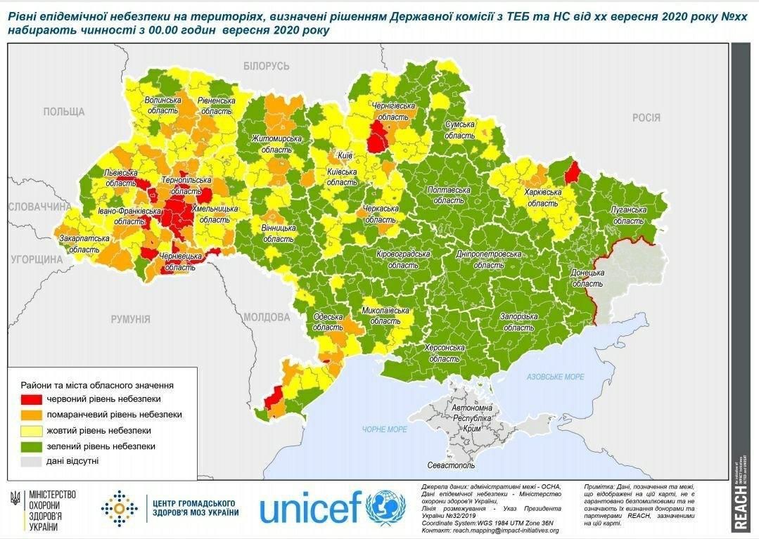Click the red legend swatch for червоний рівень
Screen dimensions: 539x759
coord(30,399)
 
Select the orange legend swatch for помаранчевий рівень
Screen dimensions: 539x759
coord(30,415)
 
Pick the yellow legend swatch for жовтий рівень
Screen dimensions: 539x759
coord(30,430)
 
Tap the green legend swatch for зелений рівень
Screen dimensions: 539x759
coord(30,446)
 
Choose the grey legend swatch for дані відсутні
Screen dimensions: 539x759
coord(30,461)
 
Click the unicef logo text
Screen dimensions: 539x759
coord(311,507)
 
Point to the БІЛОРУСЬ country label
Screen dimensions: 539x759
coord(267,66)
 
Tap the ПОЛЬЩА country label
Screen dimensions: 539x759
coord(63,112)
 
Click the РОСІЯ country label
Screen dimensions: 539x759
coord(646,118)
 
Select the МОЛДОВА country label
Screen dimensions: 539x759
coord(267,317)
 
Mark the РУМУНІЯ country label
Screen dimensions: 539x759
coord(130,319)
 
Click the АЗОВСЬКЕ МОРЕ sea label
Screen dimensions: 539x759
coord(556,377)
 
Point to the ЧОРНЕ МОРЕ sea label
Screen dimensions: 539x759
coord(385,429)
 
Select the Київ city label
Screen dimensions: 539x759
coord(345,155)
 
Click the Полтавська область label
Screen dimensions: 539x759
coord(448,195)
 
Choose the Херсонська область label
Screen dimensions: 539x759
coord(445,353)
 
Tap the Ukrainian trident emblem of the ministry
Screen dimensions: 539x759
coord(15,498)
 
